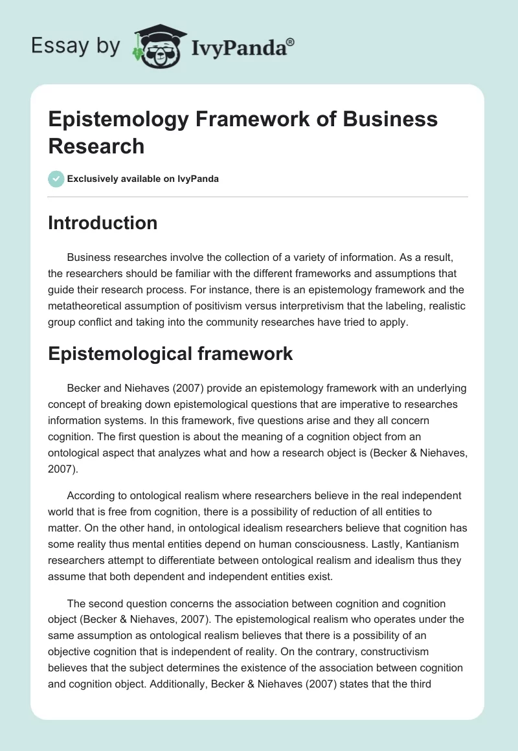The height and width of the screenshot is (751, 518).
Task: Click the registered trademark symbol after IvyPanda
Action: tap(291, 41)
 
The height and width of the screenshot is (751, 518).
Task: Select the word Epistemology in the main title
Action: tap(113, 119)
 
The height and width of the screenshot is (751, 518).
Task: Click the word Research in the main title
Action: tap(96, 146)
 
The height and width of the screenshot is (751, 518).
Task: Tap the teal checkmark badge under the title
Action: tap(56, 179)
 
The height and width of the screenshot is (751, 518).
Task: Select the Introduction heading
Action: tap(103, 223)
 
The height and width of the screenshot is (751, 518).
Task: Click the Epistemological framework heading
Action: tap(170, 353)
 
